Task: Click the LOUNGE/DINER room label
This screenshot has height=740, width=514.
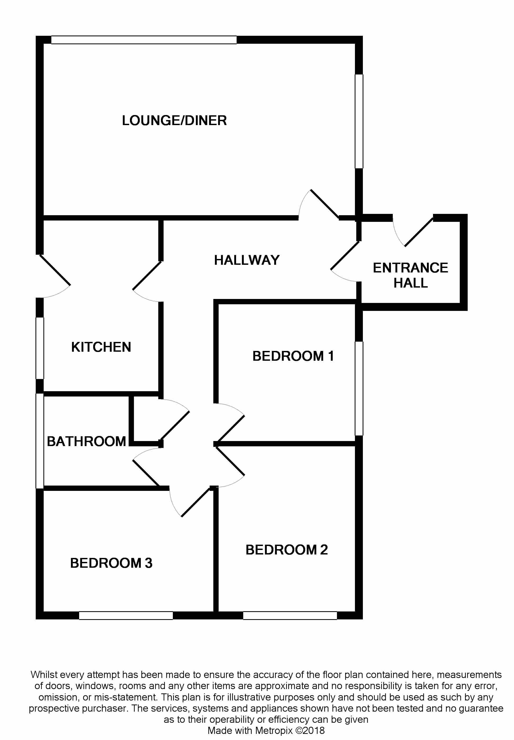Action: pos(174,121)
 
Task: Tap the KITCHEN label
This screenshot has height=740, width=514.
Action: pos(101,347)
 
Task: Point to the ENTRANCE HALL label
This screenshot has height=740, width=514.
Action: pos(410,275)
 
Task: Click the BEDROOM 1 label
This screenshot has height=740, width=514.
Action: pos(293,356)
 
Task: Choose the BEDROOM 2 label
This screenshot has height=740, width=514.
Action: pos(286,550)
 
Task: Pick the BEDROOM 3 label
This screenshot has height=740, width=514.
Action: pos(111,563)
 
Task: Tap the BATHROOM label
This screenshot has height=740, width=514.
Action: pos(86,442)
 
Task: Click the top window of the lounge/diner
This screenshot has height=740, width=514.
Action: pos(144,40)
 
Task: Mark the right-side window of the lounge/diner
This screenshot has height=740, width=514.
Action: pos(359,121)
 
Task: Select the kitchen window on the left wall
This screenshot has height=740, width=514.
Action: pos(40,348)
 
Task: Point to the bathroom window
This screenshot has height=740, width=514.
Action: pos(40,441)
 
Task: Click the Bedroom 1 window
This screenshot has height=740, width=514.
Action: pos(359,388)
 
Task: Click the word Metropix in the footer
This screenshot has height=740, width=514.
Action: pos(274,730)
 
